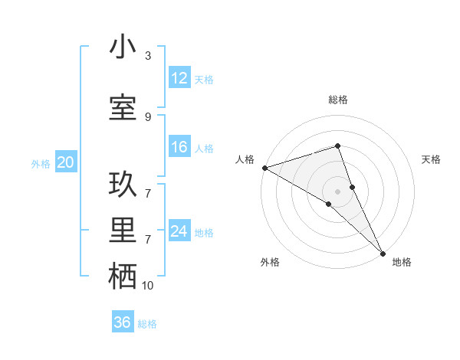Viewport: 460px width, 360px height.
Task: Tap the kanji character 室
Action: point(123,108)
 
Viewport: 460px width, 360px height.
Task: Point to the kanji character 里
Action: point(123,231)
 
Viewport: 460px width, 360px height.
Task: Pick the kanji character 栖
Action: point(123,277)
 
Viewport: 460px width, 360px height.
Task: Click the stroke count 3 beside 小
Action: point(148,56)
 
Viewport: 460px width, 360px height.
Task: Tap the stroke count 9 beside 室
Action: point(148,116)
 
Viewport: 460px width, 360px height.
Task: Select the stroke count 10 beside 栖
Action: point(148,286)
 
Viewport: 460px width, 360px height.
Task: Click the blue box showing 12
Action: point(179,78)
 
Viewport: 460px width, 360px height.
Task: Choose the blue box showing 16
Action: point(179,147)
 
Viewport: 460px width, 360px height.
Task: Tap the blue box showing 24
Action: point(179,231)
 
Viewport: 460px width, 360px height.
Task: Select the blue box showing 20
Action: point(66,162)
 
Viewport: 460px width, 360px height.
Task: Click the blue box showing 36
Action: point(122,322)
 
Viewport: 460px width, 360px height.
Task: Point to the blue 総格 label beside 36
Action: point(147,324)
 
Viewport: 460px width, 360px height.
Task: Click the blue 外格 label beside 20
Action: point(41,163)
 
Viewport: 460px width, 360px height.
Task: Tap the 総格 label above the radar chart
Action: point(338,100)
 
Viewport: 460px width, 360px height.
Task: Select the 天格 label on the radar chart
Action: point(432,159)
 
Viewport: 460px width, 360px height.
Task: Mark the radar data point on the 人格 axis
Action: point(264,167)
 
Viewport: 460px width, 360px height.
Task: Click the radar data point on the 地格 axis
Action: point(383,251)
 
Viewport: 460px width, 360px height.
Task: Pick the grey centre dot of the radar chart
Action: point(337,190)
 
